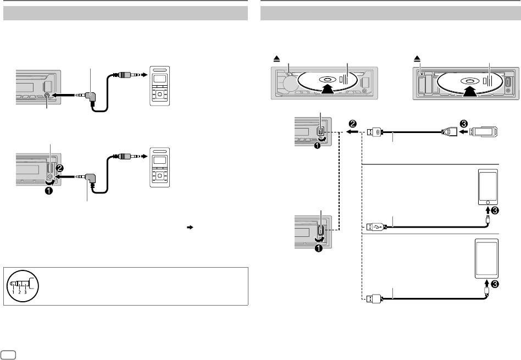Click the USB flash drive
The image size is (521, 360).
pos(483,131)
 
